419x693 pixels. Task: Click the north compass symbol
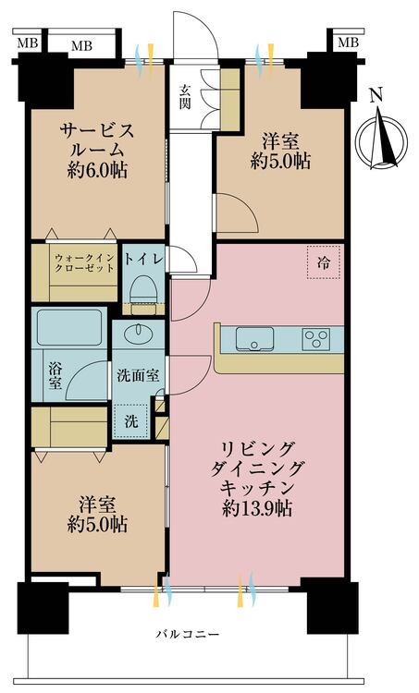point(384,134)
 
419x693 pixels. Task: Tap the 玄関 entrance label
point(184,95)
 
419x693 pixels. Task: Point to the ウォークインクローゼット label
point(83,261)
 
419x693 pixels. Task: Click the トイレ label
point(144,260)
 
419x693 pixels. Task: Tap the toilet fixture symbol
point(143,291)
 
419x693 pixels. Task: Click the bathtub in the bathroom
point(69,328)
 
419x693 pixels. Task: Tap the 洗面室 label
point(137,376)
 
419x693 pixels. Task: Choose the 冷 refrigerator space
point(323,261)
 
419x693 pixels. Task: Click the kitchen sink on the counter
point(253,339)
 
